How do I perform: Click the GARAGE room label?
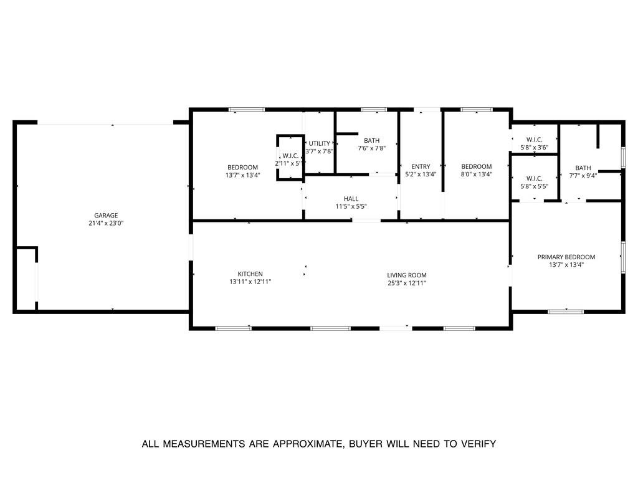point(106,216)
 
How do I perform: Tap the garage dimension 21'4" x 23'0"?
point(106,223)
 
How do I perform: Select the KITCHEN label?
point(250,274)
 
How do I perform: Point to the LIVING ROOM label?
point(406,275)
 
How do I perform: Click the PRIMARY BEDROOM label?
point(566,257)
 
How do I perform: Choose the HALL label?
point(351,199)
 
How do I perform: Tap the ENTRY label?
point(421,166)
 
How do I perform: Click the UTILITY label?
point(320,143)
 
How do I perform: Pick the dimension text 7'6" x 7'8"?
point(372,148)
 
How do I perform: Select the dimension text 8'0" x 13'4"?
point(477,174)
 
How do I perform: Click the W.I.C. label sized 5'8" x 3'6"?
point(534,140)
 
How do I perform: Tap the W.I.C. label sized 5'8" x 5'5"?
point(534,178)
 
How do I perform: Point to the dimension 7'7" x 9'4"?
point(583,176)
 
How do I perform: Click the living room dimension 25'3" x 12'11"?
point(406,283)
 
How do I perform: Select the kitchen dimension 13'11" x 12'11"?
point(250,282)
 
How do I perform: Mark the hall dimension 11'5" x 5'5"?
point(351,206)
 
